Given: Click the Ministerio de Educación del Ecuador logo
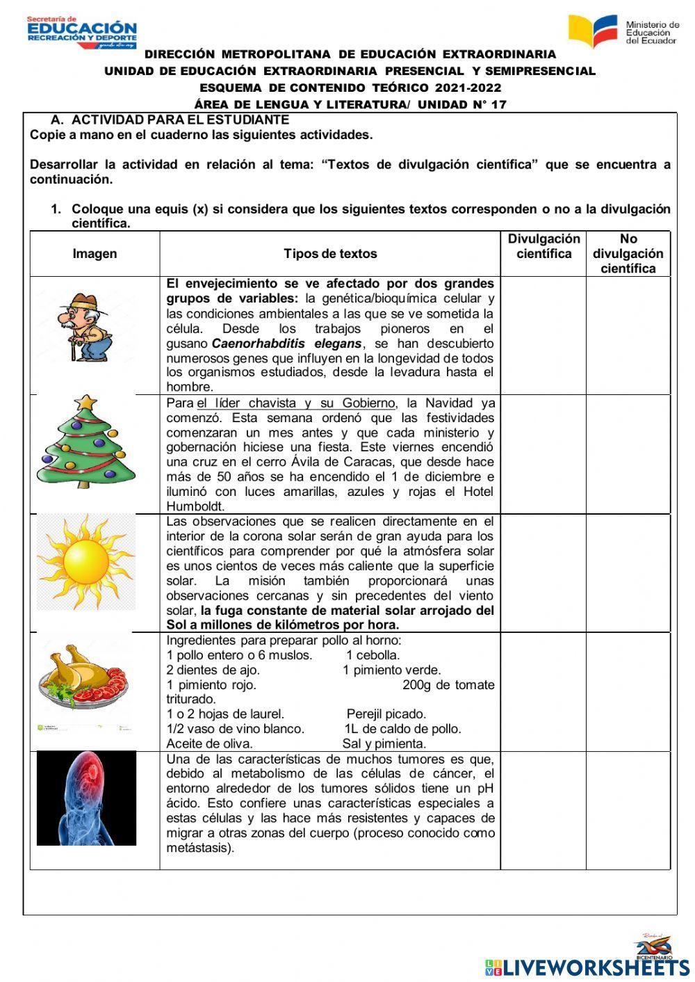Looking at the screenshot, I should [x=623, y=31].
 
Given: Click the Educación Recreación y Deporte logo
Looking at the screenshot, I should [x=81, y=33].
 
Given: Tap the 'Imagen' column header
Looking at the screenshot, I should [x=95, y=254].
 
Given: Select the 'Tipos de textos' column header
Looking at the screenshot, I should [x=330, y=254].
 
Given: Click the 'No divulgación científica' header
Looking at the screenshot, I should [x=628, y=254].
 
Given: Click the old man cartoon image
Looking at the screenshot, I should [x=84, y=326].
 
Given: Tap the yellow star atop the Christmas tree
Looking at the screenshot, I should [x=86, y=403].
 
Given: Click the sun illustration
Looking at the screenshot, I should [x=86, y=561].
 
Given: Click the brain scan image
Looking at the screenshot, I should [x=86, y=798].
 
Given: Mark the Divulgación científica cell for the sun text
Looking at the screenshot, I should [x=543, y=573].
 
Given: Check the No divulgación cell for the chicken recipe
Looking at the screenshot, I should [x=628, y=691].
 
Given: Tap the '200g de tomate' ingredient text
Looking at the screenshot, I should [x=448, y=685].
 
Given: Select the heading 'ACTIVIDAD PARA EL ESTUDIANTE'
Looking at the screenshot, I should [x=180, y=120].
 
